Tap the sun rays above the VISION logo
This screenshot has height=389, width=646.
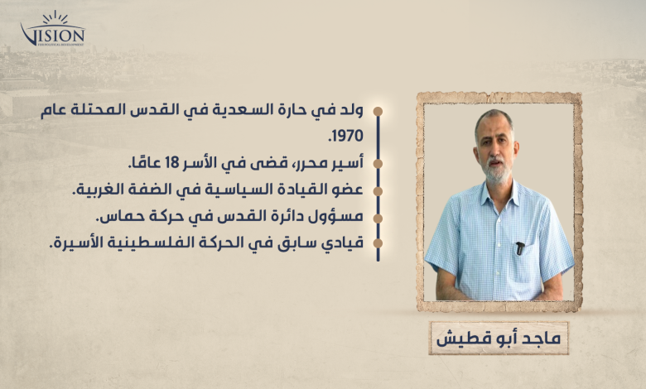coord(55,17)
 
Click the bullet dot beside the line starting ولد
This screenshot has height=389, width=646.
coord(378,112)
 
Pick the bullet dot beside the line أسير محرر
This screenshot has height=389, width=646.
coord(378,164)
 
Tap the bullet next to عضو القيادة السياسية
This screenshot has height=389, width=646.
coord(378,191)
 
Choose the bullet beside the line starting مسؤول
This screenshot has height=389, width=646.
coord(378,219)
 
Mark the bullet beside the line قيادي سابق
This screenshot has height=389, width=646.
coord(378,243)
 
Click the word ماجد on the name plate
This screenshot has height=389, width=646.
coord(542,339)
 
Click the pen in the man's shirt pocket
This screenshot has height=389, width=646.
coord(520,248)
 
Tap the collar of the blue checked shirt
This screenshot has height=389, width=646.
coord(499,194)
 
